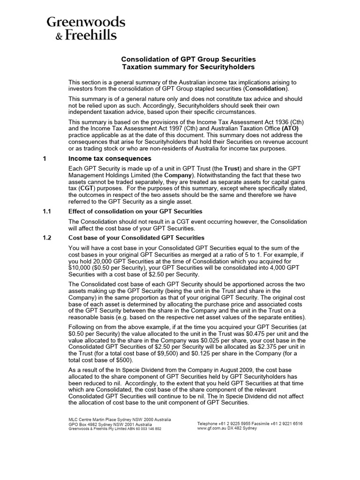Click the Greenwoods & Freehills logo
tap(85, 28)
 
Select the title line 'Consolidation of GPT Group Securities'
tap(189, 60)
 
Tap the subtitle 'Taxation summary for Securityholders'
tap(189, 67)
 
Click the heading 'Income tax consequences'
tap(110, 159)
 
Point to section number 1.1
tap(47, 211)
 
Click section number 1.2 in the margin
tap(47, 238)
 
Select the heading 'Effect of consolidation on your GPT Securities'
tap(135, 211)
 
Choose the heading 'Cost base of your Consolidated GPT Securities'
tap(136, 238)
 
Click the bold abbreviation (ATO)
tap(289, 127)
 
